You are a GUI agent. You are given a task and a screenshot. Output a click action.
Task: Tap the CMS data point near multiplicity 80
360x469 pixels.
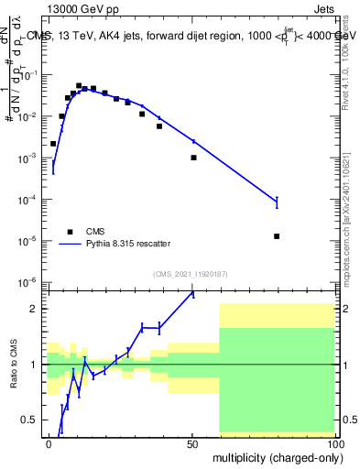pos(277,236)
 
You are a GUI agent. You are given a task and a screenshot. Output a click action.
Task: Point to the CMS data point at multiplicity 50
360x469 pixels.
pos(193,158)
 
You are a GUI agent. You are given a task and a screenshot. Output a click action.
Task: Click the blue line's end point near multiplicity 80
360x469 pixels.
pos(277,202)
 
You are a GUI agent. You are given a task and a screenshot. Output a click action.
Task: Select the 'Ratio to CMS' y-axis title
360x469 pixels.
pos(14,364)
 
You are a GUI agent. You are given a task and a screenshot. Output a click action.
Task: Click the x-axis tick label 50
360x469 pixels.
pos(192,443)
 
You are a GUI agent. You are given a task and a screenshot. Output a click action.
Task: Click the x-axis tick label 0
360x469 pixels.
pos(49,443)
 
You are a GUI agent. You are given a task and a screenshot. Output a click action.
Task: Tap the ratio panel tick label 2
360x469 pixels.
pos(34,309)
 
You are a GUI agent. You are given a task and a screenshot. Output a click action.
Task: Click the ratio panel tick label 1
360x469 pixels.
pos(34,365)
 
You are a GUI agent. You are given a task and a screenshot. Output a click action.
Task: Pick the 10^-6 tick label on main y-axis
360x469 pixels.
pos(27,282)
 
